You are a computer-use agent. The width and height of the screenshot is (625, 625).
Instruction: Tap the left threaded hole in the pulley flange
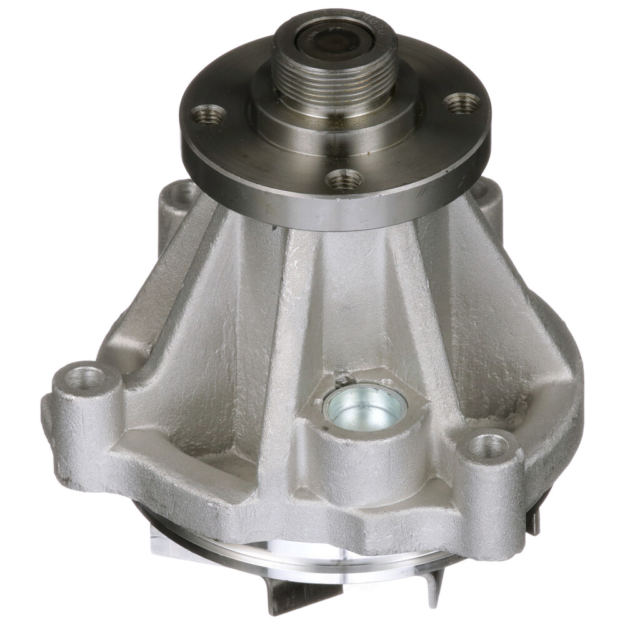point(208,114)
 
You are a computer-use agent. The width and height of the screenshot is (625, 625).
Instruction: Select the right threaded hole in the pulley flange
point(462,101)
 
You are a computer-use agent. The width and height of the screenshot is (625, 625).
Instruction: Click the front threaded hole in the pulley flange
point(344,179)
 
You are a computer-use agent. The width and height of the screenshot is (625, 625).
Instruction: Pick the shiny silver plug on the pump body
point(365,407)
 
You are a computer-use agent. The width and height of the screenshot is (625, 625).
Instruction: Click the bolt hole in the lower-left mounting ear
point(85,378)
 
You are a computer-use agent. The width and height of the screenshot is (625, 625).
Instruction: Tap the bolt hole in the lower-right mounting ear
point(489,446)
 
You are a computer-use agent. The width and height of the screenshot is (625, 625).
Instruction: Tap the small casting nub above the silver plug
point(342,378)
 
